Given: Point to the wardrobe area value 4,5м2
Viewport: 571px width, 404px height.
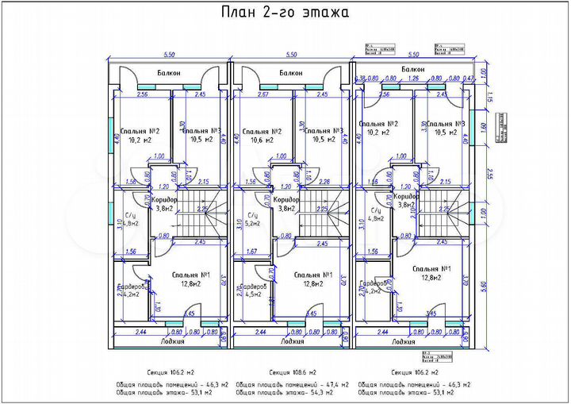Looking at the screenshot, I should (253, 294).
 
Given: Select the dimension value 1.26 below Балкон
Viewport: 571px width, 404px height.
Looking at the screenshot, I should (413, 79).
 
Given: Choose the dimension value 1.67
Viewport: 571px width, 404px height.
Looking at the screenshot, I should (253, 252).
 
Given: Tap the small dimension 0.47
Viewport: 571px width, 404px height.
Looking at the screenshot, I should (468, 79).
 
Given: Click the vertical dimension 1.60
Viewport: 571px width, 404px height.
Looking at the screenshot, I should (483, 126).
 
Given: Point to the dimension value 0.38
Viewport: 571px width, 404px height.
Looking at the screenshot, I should (362, 79).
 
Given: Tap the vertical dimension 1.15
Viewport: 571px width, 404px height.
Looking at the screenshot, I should (490, 98).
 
